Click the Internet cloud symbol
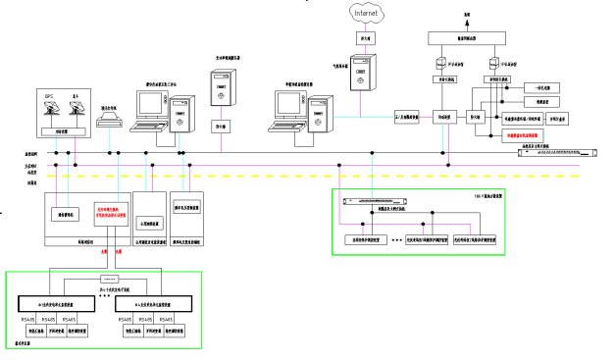365,12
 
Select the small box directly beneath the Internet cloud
365,37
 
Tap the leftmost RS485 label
26,320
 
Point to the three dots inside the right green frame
396,238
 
